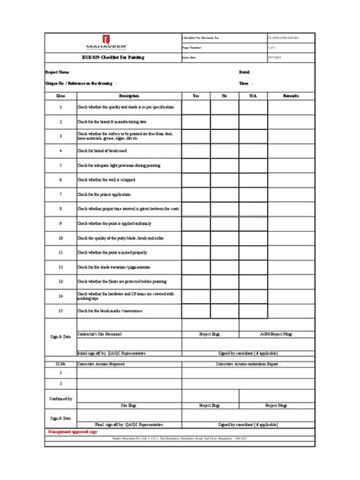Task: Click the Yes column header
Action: click(x=195, y=96)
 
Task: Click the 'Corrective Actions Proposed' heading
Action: click(x=101, y=365)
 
